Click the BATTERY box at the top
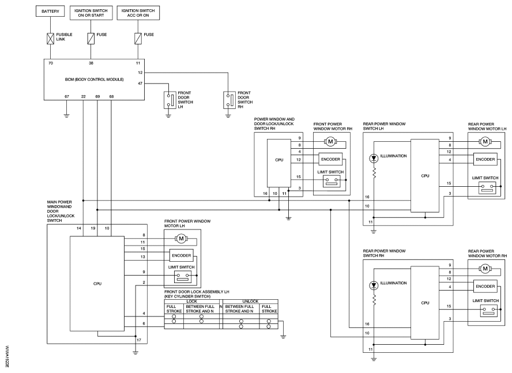50,11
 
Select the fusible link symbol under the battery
50,39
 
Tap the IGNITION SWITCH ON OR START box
91,13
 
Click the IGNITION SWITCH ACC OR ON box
138,13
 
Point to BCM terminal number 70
51,63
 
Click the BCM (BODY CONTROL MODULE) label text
95,80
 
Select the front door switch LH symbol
170,100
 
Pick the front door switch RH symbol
229,100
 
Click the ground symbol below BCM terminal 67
67,115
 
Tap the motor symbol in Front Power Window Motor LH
181,239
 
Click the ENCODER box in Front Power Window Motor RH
330,159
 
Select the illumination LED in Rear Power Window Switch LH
374,159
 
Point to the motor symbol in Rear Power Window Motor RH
485,269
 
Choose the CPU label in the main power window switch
97,284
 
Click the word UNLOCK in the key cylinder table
250,301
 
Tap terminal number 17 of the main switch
139,340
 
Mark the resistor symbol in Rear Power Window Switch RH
374,300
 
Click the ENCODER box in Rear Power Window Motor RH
485,286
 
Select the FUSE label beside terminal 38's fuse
101,34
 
